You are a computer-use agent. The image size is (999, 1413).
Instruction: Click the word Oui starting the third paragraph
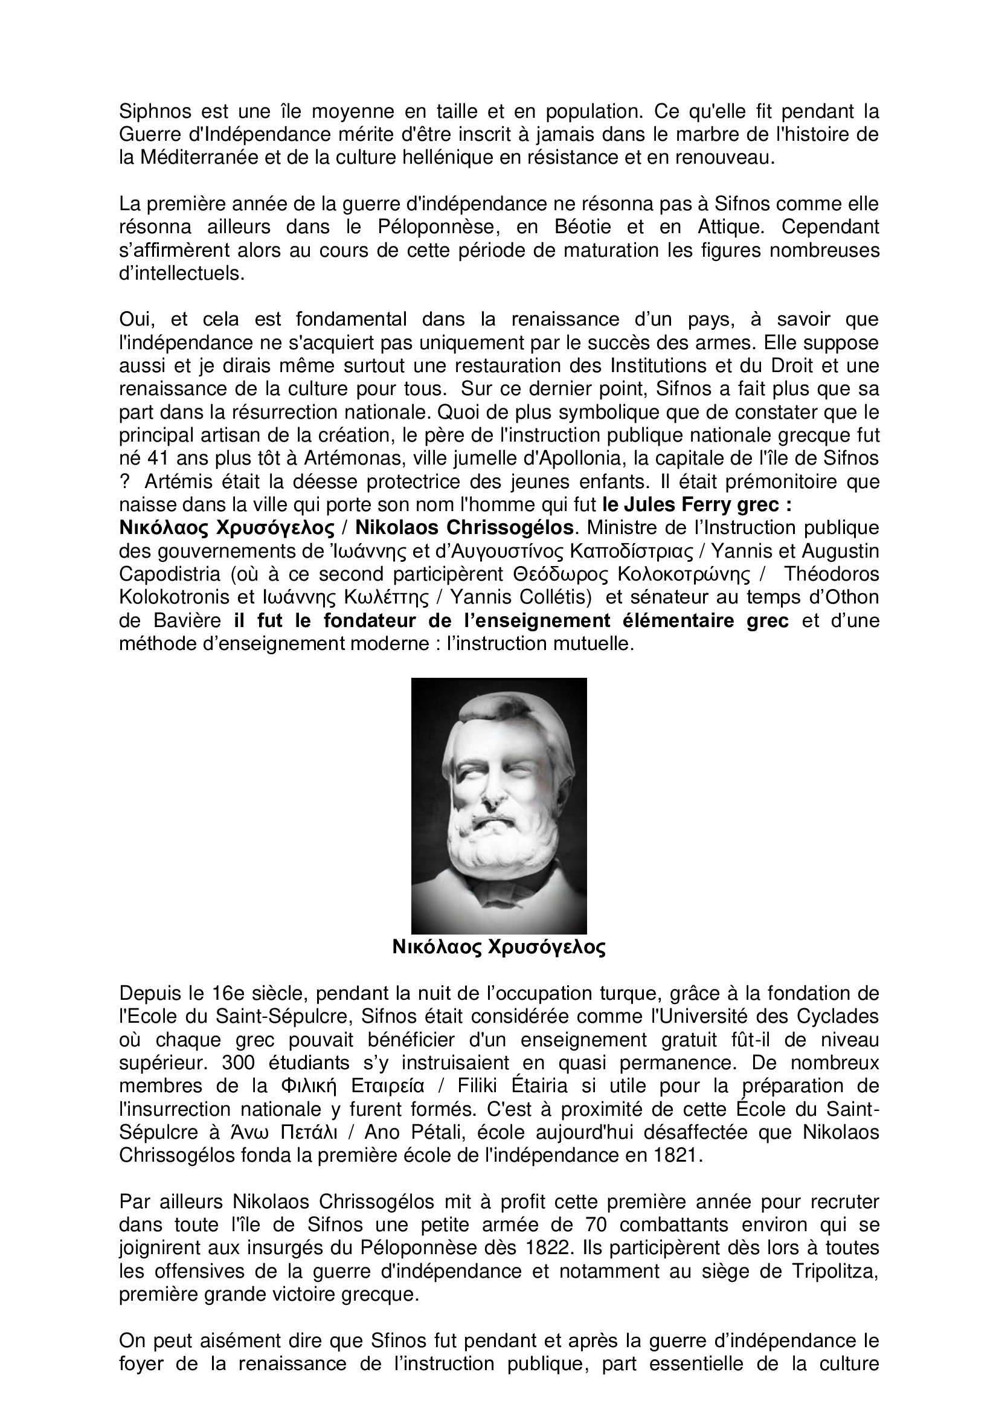[136, 320]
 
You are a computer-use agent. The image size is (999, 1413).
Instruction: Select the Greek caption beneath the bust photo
[499, 947]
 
